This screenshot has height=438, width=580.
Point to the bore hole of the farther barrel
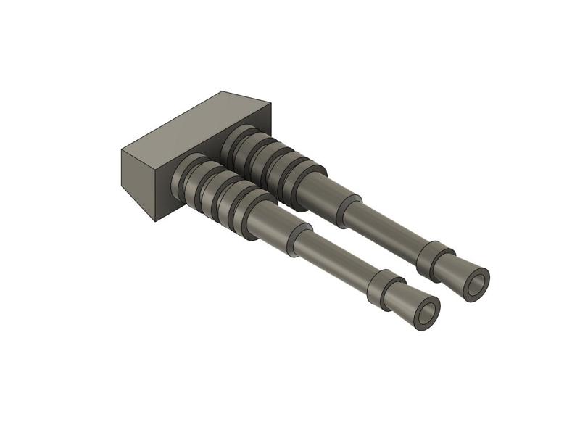[x=477, y=282]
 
